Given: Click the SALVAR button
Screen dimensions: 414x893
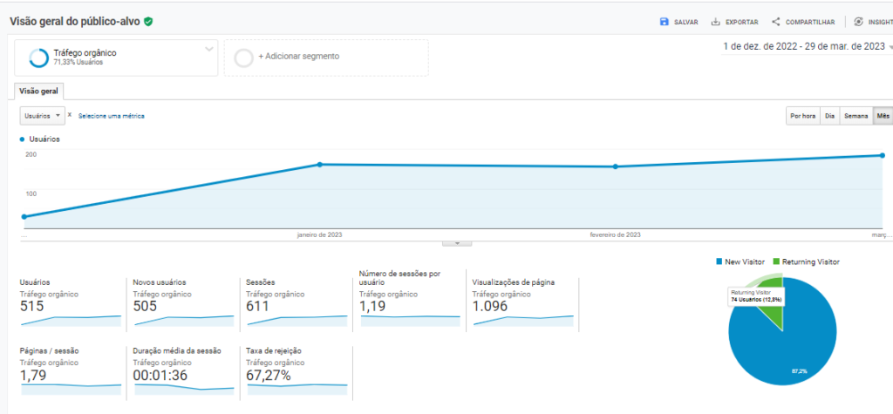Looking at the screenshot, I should click(678, 22).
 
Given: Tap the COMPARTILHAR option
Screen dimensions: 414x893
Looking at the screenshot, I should click(803, 22).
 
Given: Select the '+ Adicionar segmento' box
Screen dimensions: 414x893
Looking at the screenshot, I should click(325, 57).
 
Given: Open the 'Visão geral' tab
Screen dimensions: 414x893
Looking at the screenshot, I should click(38, 91).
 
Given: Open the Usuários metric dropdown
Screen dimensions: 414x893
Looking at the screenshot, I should click(42, 115).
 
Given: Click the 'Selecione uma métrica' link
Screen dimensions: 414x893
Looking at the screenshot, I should click(112, 115).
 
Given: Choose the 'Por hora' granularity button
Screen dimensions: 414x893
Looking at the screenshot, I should click(802, 115).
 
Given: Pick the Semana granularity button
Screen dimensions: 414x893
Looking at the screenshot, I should click(856, 115).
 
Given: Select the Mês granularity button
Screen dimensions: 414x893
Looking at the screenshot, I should click(883, 115).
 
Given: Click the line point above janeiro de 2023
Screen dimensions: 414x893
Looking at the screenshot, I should click(320, 164).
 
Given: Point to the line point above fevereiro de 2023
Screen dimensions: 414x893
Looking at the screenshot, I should click(616, 166).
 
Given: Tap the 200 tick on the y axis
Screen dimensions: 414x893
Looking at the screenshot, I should click(31, 154).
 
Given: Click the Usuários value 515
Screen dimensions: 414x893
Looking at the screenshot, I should click(32, 306).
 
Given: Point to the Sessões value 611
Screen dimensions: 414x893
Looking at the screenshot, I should click(257, 306).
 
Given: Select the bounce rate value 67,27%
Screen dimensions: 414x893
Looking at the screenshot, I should click(268, 376).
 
